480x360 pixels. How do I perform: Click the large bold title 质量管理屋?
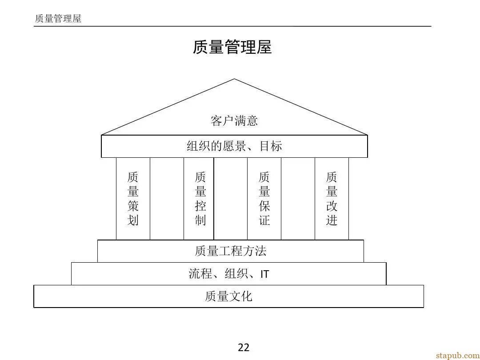[232, 47]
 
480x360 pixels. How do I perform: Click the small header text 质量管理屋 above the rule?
[58, 18]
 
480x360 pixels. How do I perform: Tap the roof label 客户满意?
[234, 120]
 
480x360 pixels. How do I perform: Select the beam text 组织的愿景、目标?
[234, 146]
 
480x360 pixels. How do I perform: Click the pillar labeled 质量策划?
[133, 199]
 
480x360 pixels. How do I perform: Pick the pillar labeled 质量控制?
[199, 199]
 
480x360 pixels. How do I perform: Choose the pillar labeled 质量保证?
[264, 199]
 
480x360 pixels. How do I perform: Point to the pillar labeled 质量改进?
[332, 199]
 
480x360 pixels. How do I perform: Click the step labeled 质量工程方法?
[231, 251]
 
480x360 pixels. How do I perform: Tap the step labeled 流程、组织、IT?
[229, 274]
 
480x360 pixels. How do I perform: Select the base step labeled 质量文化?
[229, 296]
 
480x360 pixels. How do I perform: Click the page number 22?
[244, 348]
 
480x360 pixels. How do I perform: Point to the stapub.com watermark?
[458, 355]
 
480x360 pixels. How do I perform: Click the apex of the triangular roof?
[235, 79]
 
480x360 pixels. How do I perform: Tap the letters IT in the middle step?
[265, 274]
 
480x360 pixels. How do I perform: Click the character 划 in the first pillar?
[133, 220]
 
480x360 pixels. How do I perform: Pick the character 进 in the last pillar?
[332, 220]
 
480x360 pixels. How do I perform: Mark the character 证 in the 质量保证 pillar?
[264, 220]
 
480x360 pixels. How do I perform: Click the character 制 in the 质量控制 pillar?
[200, 220]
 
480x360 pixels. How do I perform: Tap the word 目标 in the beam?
[271, 146]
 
